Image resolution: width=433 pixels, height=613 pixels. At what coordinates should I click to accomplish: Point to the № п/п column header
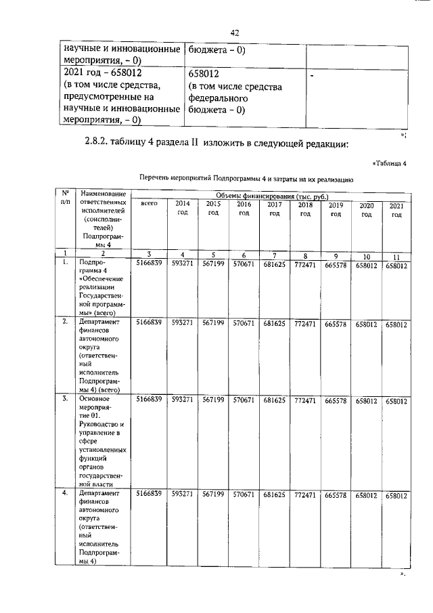[65, 197]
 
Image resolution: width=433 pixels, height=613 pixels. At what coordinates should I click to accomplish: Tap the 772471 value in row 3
[306, 401]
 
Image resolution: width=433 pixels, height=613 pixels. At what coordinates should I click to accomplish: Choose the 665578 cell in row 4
[336, 496]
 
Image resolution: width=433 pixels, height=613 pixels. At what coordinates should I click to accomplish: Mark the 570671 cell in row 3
[242, 400]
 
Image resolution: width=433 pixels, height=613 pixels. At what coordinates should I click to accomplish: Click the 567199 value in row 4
[213, 496]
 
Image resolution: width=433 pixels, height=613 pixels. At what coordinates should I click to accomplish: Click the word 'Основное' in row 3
[94, 400]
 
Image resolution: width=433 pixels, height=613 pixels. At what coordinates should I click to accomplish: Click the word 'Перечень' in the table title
[157, 178]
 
